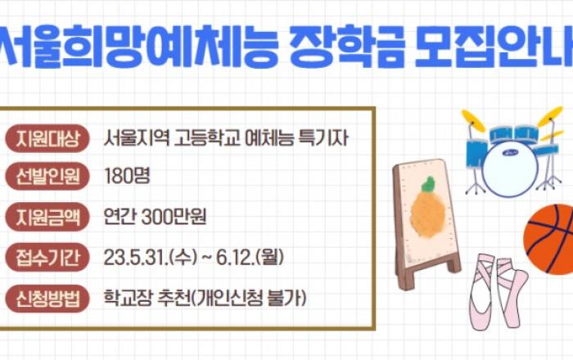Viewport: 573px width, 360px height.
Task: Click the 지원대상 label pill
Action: [47, 138]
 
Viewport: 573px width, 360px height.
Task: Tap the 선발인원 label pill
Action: [47, 177]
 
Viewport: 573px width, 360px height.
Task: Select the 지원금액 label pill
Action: [47, 218]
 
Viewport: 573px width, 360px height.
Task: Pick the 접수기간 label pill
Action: [47, 258]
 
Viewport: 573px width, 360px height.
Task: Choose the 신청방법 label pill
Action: [47, 299]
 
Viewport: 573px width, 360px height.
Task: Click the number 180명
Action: [127, 176]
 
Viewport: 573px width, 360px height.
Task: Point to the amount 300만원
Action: [174, 217]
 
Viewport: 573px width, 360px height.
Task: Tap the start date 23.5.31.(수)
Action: [151, 258]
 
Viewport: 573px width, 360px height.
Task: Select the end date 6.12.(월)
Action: [250, 258]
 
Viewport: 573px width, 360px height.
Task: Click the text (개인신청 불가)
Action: [249, 299]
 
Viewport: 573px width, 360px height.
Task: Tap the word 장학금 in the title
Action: [347, 47]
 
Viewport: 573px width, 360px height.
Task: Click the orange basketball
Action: [550, 239]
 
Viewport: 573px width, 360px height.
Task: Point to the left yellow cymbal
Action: [473, 120]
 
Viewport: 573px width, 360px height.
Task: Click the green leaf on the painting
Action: [428, 184]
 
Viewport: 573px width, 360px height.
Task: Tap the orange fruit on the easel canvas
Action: [428, 213]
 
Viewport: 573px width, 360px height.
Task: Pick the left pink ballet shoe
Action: [481, 292]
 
